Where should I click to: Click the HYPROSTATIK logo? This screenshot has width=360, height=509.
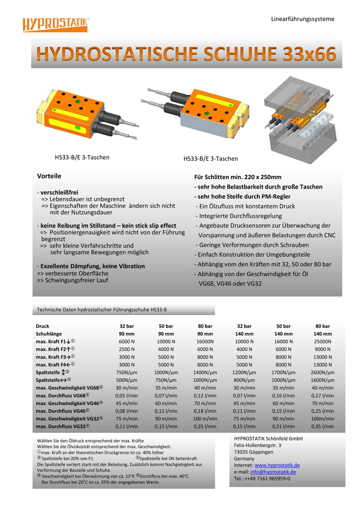(56, 24)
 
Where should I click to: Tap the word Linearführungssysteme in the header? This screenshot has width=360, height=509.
(302, 19)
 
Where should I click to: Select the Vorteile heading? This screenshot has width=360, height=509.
(49, 176)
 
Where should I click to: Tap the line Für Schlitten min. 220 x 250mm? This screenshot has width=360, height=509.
(238, 177)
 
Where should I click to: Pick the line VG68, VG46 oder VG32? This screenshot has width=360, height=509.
(230, 284)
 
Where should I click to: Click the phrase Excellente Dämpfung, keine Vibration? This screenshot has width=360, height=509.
(92, 266)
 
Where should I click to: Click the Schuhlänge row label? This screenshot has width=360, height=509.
(49, 334)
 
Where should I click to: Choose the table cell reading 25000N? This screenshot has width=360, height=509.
(322, 342)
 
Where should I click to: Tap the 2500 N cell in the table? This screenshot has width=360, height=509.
(126, 349)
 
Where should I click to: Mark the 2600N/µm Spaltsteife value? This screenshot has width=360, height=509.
(322, 373)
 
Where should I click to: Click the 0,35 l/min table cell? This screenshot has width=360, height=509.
(322, 427)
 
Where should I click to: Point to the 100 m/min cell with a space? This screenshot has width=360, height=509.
(205, 419)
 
